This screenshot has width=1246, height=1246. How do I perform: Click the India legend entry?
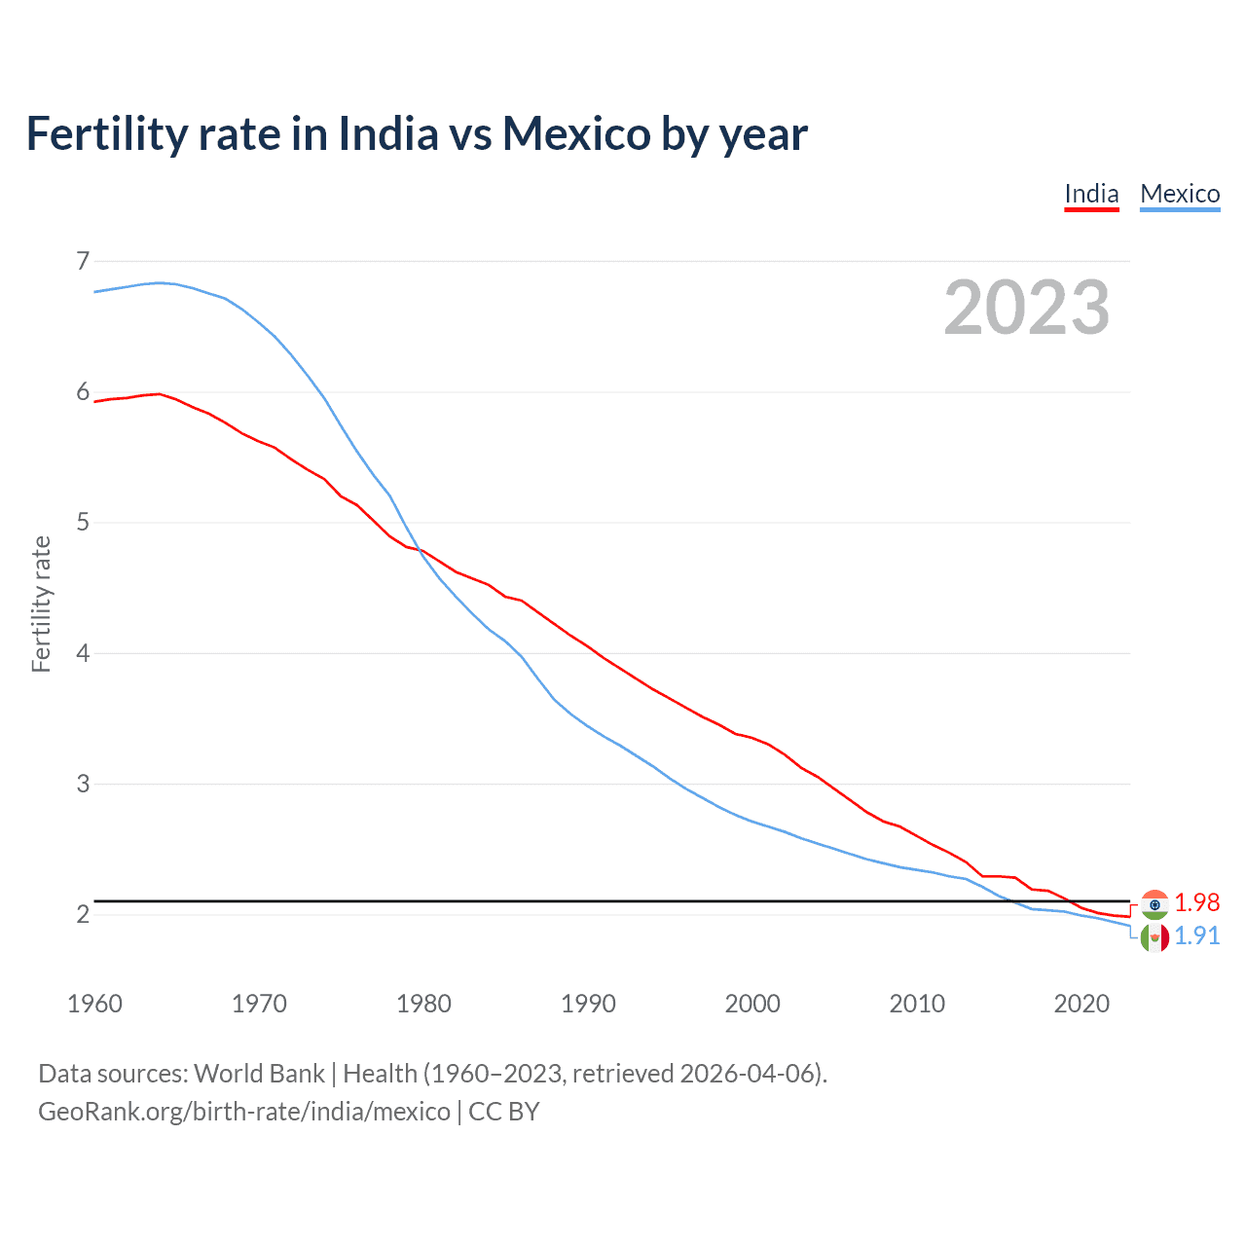(1091, 194)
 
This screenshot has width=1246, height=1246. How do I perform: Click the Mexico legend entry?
(1180, 194)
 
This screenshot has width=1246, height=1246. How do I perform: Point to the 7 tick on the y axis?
(83, 261)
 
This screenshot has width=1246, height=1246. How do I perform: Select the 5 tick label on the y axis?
(83, 523)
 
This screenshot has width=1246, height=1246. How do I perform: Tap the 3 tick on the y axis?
(83, 784)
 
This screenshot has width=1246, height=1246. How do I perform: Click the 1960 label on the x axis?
(94, 1004)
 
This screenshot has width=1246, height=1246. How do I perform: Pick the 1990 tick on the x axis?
(588, 1004)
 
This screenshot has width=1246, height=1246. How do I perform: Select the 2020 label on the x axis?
(1081, 1004)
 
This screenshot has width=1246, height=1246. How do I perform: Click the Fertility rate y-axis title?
(41, 604)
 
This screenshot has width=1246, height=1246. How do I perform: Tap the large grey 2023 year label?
(1027, 308)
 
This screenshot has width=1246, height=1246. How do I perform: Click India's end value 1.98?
(1196, 902)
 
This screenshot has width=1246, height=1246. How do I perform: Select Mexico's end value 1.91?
(1196, 935)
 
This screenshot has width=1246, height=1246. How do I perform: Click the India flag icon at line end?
(1154, 904)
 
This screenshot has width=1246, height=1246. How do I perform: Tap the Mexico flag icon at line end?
(1154, 937)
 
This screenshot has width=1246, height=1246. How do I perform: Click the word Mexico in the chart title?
(576, 133)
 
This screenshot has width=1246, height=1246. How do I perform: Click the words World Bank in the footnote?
(259, 1074)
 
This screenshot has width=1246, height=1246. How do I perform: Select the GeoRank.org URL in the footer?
(244, 1112)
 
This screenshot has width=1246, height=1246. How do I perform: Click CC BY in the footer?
(504, 1112)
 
